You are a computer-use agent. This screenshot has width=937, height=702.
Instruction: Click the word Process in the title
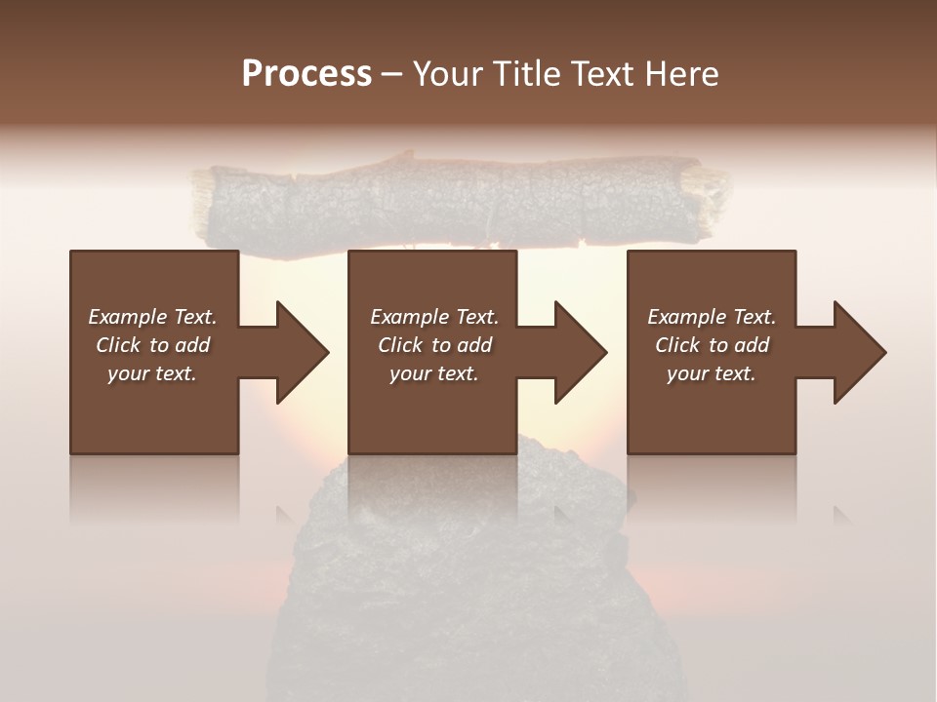[x=306, y=73]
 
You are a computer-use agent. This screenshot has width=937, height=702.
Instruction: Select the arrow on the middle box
[x=570, y=352]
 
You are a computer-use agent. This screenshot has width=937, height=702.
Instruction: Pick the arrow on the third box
[x=849, y=352]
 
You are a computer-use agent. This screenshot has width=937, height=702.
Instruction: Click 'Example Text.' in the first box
[x=152, y=317]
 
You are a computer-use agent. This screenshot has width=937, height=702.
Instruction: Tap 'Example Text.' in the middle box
[x=433, y=317]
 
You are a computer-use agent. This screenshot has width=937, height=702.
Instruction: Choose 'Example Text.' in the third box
[x=712, y=317]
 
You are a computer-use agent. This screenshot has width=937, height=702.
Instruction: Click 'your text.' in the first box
[x=152, y=373]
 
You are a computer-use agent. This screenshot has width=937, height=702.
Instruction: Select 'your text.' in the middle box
[x=433, y=373]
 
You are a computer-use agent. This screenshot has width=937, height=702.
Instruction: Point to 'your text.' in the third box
[x=712, y=373]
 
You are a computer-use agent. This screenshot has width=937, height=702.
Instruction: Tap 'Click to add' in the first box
[x=152, y=345]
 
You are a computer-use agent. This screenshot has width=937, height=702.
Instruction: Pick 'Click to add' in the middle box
[x=433, y=345]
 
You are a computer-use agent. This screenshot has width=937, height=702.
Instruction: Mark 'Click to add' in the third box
[x=712, y=345]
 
